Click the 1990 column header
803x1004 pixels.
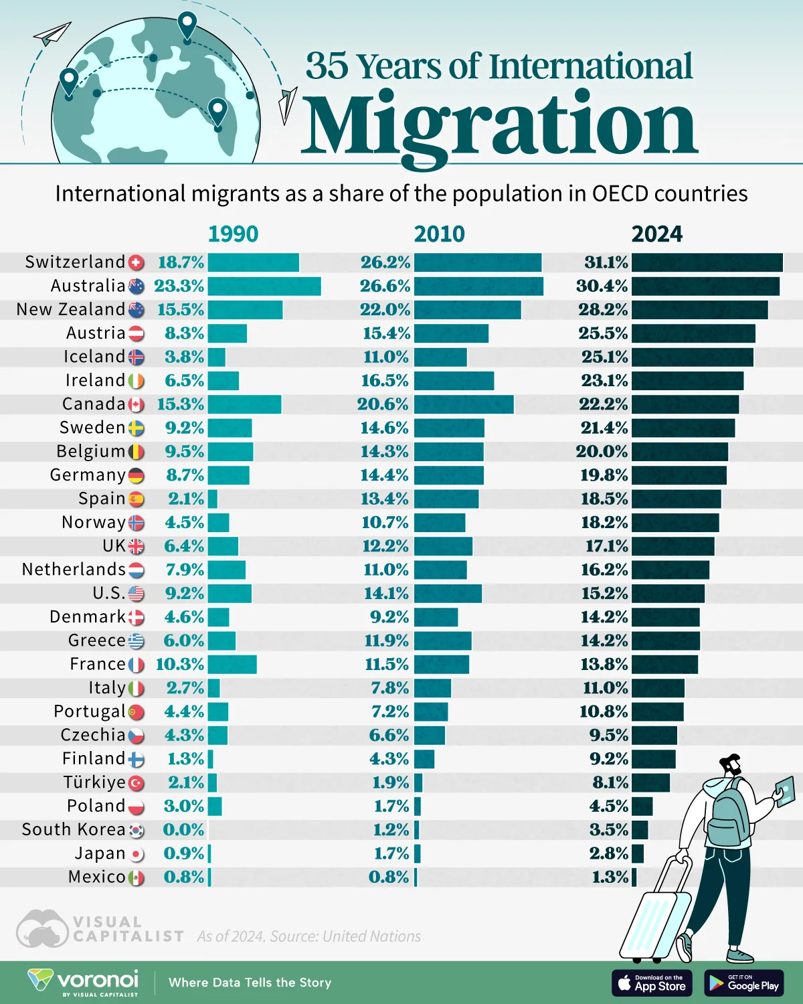pos(233,234)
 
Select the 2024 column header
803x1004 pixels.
pos(656,234)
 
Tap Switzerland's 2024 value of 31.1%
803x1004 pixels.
pos(606,262)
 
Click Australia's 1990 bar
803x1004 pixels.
pos(264,286)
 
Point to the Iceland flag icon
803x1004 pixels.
pos(136,357)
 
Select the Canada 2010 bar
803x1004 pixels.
pos(464,404)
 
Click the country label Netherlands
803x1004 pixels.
pos(74,570)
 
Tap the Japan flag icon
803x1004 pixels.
pos(136,854)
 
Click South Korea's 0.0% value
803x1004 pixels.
pos(183,830)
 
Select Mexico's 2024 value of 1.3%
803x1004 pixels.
pos(610,877)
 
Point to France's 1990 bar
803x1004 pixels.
pos(232,664)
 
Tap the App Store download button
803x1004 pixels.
pos(652,983)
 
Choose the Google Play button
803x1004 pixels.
pos(744,983)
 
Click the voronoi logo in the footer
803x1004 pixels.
pos(84,982)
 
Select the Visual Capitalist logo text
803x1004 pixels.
pos(127,930)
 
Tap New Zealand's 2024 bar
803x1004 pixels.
pos(699,310)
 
